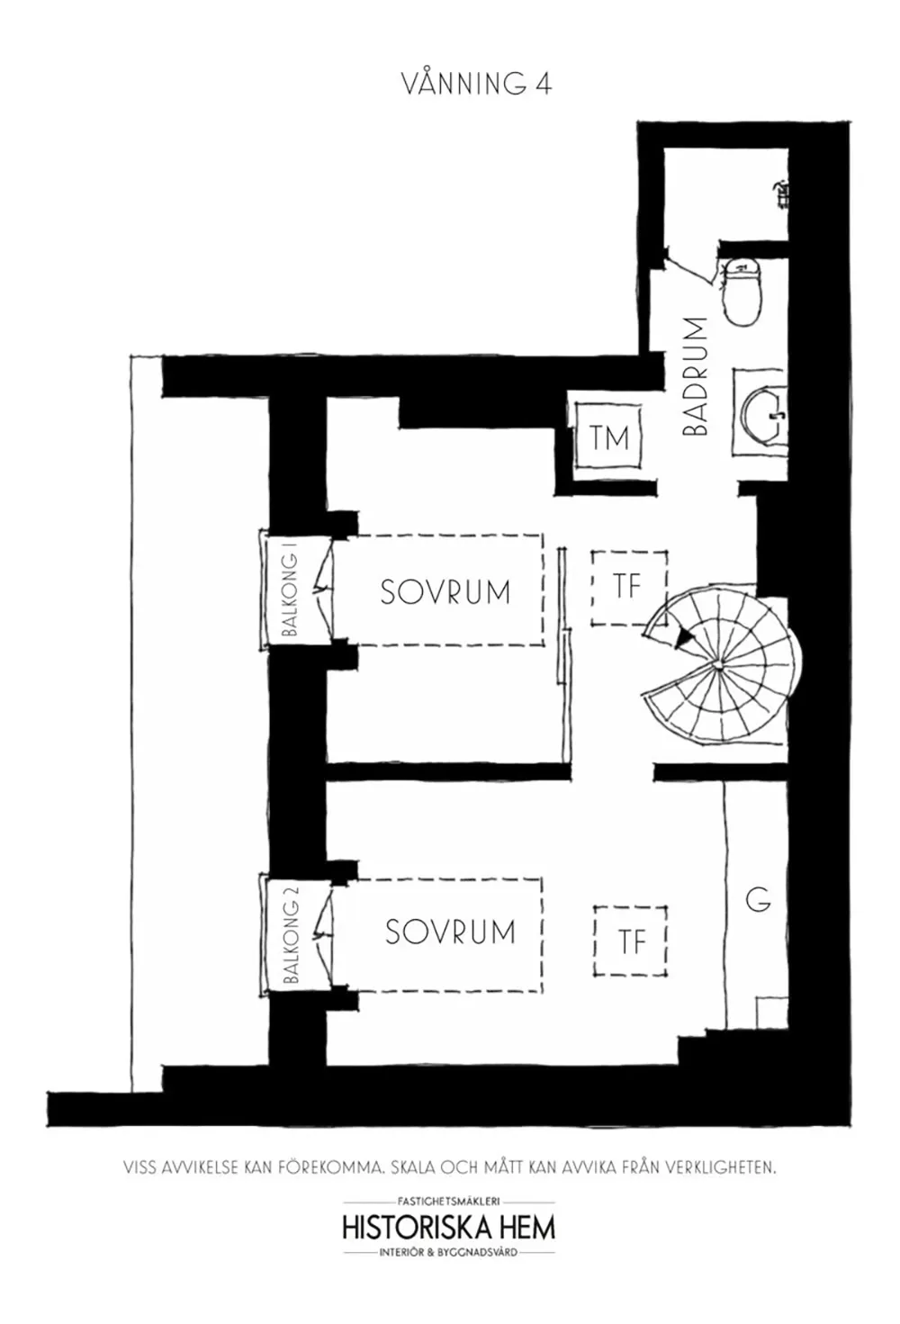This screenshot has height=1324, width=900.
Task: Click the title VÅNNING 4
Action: click(x=475, y=84)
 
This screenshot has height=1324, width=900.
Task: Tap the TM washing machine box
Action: click(x=609, y=438)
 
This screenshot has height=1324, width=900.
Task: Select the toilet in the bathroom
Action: click(x=743, y=291)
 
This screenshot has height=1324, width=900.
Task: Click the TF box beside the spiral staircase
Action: click(x=629, y=588)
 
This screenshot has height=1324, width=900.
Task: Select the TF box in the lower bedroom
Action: click(x=631, y=941)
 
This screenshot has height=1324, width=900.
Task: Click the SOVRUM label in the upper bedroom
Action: click(x=445, y=591)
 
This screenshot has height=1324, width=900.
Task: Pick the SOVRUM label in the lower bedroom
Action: click(x=450, y=931)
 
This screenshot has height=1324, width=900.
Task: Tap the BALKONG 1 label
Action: click(x=290, y=595)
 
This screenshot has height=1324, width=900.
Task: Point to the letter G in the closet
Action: click(x=758, y=899)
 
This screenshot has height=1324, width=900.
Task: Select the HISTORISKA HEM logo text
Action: click(x=448, y=1227)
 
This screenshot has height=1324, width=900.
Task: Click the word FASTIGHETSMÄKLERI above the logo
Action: click(x=448, y=1201)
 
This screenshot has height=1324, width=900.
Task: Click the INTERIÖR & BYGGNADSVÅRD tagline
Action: click(x=448, y=1252)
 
